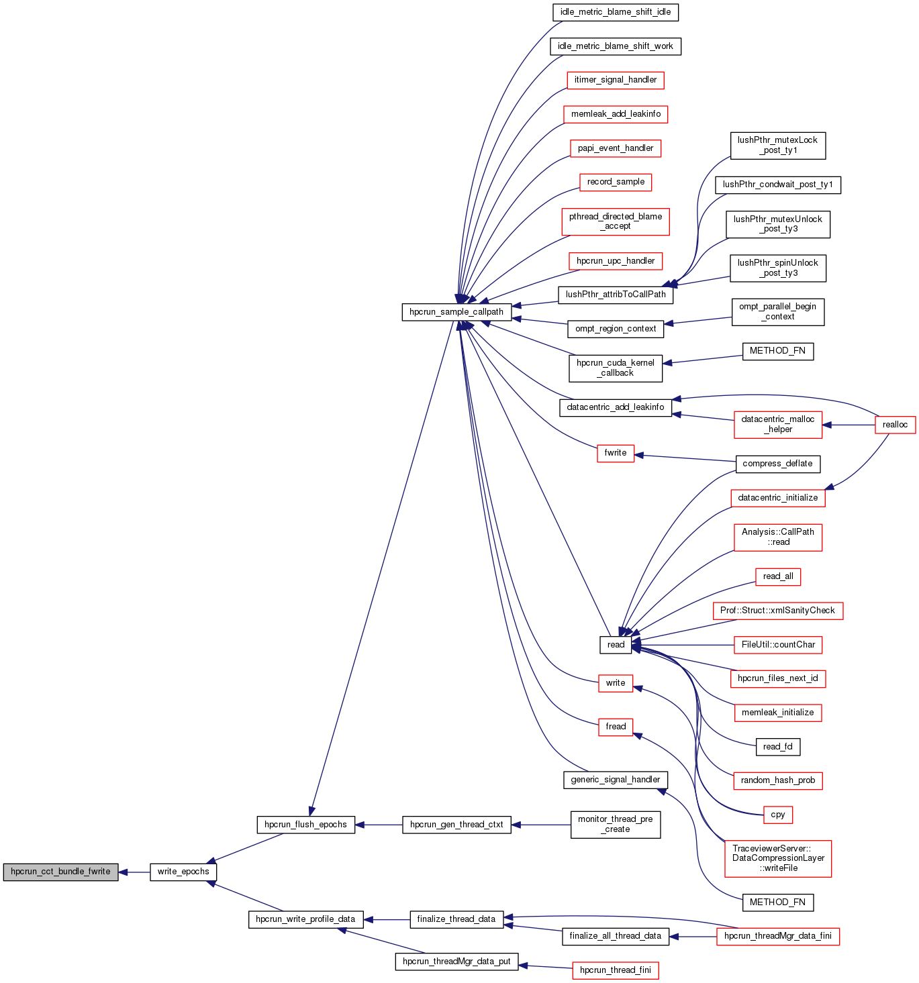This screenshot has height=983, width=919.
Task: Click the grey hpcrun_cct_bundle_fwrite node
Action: pos(60,872)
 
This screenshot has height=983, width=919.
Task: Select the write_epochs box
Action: pos(183,872)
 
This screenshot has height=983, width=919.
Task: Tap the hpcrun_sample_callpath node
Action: pos(456,312)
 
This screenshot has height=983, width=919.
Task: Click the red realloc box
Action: pos(895,425)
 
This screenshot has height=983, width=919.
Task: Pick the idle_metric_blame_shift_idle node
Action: pos(615,12)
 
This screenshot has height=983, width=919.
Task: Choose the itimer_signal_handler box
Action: pos(616,80)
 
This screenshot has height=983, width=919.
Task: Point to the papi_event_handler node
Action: pos(616,148)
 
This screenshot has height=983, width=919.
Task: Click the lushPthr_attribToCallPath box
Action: pos(616,295)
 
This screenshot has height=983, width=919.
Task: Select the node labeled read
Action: pos(616,645)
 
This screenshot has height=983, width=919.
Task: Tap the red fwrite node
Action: pos(616,453)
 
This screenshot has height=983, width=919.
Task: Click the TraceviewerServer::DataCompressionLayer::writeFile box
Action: pos(778,858)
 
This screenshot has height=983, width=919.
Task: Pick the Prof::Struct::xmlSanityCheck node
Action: pos(777,611)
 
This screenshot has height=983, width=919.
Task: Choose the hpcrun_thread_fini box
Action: pos(616,970)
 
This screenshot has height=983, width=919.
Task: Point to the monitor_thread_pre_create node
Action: pos(616,825)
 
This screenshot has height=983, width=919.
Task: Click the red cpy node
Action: pos(778,815)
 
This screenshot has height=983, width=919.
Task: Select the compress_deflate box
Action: pos(777,464)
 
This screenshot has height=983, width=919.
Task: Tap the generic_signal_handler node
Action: pos(616,780)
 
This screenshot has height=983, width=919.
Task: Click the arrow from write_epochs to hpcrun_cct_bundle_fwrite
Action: pos(134,872)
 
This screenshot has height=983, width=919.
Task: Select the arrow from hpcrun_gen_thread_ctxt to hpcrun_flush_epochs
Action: pos(379,825)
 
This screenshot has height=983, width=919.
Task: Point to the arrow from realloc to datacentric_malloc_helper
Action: pos(849,425)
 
